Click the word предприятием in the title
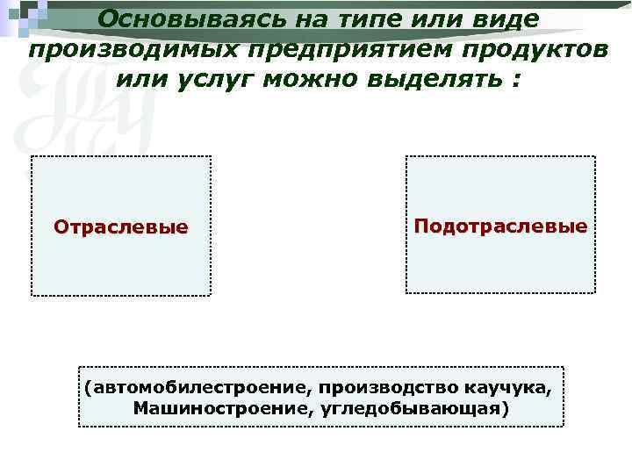[x=331, y=50]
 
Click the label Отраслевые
[x=121, y=226]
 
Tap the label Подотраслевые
[x=500, y=226]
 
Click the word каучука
[x=516, y=387]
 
